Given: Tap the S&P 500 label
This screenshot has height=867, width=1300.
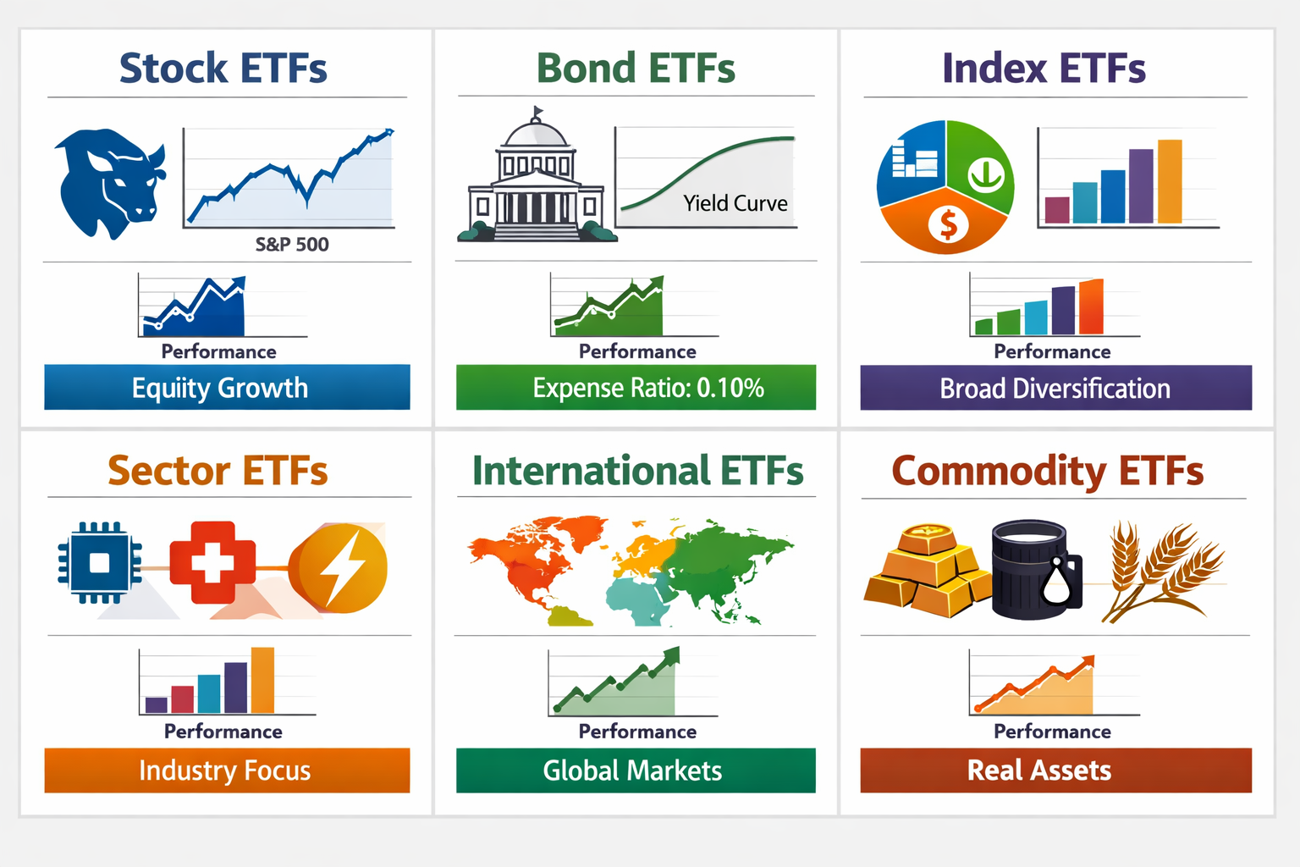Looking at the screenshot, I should [x=292, y=245].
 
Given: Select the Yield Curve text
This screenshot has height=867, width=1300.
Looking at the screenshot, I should [x=735, y=203].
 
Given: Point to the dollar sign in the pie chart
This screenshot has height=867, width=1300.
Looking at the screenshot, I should [x=948, y=224].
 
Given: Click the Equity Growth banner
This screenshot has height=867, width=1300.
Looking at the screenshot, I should [x=227, y=388].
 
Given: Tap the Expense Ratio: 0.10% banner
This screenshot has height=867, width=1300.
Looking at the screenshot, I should [x=636, y=388].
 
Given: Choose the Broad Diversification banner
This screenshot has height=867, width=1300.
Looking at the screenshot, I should [x=1055, y=388].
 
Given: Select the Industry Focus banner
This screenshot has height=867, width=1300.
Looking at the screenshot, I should [x=227, y=770].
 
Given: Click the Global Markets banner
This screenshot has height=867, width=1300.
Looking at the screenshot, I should [x=636, y=770].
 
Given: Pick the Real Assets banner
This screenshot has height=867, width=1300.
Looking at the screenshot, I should [x=1055, y=770].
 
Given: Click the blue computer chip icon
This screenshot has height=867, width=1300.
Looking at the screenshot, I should [x=99, y=562].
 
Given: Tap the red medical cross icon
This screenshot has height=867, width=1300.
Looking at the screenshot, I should [x=212, y=562].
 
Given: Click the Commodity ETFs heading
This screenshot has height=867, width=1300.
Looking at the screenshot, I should [x=1048, y=471].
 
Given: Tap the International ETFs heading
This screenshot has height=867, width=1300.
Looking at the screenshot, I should [x=637, y=471].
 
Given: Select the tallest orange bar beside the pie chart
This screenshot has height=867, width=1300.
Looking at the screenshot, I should [x=1169, y=181].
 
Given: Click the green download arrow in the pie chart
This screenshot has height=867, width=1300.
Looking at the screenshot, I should [x=984, y=174].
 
